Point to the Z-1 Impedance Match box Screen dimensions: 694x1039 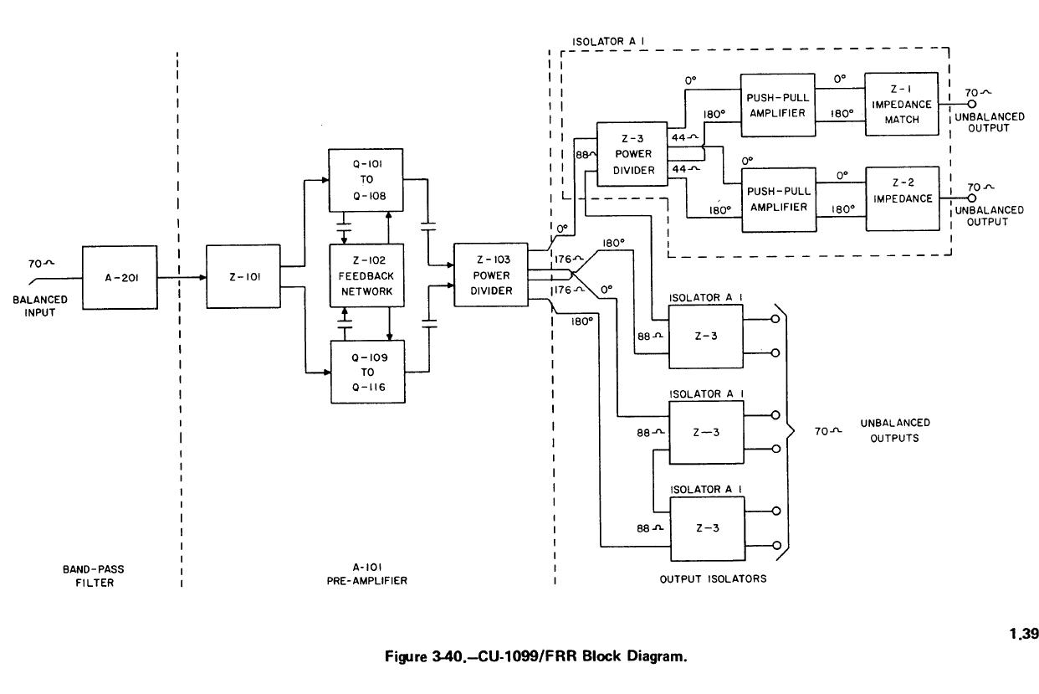(x=901, y=105)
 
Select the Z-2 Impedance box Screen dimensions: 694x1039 (x=902, y=198)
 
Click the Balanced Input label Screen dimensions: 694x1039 (x=39, y=306)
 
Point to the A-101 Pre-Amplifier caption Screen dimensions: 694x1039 (x=368, y=576)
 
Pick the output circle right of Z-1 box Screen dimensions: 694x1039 (x=971, y=105)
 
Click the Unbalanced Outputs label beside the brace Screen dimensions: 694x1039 (x=894, y=430)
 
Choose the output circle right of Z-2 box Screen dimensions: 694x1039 (x=971, y=198)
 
